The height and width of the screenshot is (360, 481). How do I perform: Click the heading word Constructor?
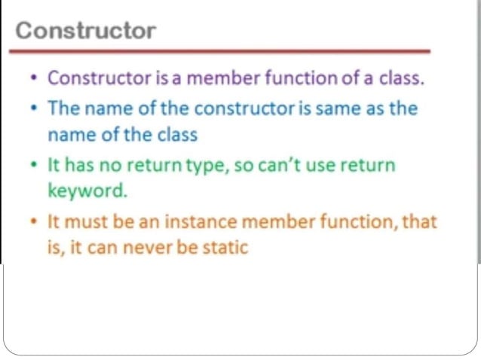pyautogui.click(x=85, y=31)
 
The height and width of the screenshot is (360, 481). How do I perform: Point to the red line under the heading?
pyautogui.click(x=219, y=51)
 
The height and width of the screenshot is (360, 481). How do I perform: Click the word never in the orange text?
pyautogui.click(x=147, y=247)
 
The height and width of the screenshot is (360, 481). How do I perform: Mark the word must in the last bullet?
pyautogui.click(x=84, y=222)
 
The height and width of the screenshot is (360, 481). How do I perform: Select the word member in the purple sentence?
pyautogui.click(x=217, y=78)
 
